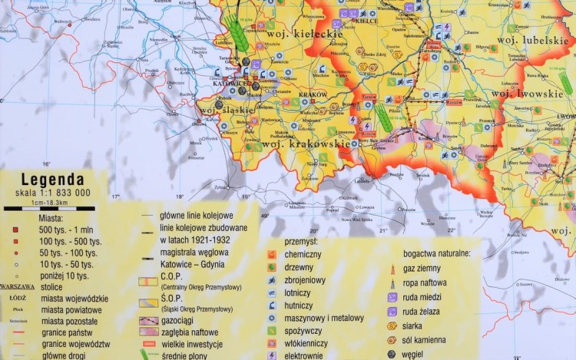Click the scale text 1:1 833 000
tap(58, 194)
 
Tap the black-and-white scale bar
tap(49, 208)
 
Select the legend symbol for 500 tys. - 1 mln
tap(15, 229)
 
